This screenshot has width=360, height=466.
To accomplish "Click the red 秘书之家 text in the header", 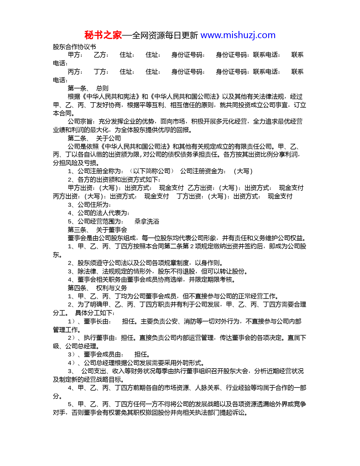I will (103, 35).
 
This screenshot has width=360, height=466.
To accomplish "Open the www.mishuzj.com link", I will (238, 35).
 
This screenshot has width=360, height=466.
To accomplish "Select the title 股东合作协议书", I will (74, 47).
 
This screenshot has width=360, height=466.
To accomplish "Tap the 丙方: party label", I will (75, 72).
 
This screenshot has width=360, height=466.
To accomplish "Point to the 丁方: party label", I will (101, 72).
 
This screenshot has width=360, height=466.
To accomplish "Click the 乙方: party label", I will (101, 55).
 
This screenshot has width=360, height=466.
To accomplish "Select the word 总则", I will (102, 88).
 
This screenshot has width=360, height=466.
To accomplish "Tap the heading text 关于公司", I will (108, 138).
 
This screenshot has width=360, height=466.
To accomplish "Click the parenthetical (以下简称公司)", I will (152, 171).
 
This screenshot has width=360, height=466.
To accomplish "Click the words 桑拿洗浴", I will (147, 221).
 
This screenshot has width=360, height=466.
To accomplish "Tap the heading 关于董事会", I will (112, 230).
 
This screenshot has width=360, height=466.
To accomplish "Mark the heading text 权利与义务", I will (112, 288).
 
